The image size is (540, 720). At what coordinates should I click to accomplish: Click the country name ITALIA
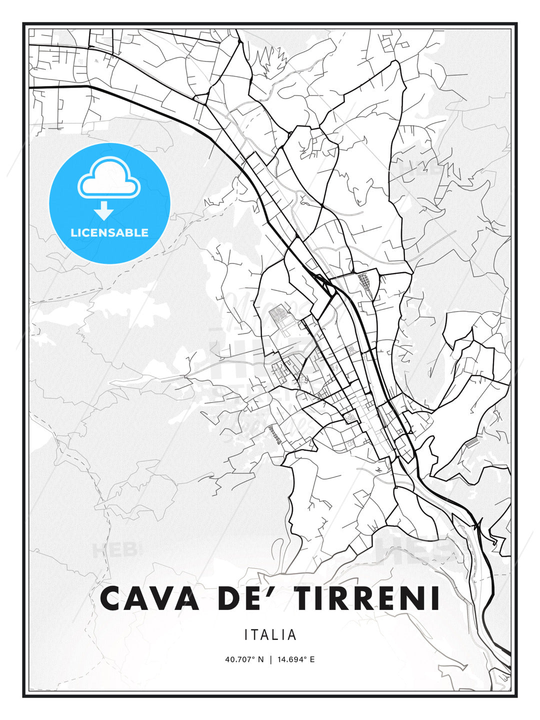270,635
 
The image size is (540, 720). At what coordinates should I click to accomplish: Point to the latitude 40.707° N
244,659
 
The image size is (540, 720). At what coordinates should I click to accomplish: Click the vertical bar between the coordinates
270,659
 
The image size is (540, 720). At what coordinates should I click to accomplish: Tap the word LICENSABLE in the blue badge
109,232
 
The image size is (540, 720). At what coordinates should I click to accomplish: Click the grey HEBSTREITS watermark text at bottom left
114,550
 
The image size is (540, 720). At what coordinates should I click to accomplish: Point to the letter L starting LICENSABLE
73,232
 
